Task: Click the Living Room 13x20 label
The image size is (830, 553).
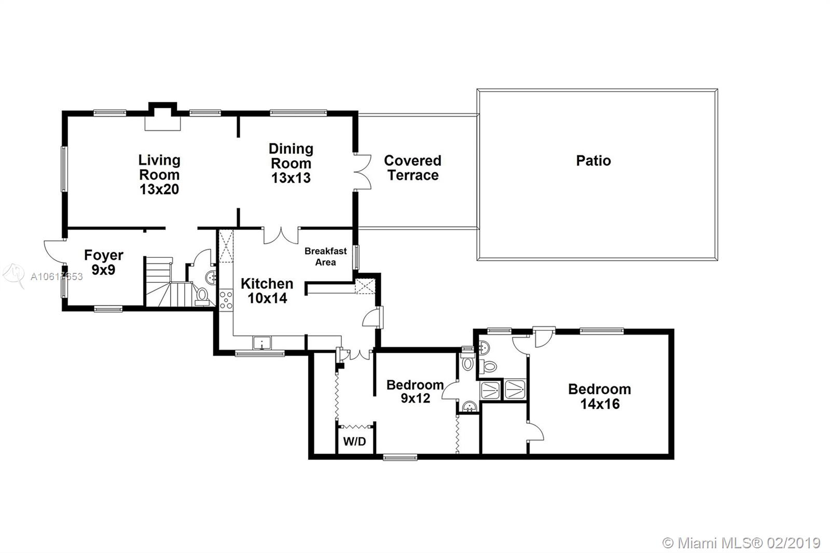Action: pos(159,175)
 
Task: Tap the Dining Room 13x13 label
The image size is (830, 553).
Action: pos(291,163)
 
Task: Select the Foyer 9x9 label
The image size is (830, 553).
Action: pos(103,262)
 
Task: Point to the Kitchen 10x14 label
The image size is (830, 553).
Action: pos(267,291)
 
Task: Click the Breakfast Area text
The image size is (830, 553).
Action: pos(326,256)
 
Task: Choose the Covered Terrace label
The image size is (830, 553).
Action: pos(413,168)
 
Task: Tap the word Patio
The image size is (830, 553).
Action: pos(593,160)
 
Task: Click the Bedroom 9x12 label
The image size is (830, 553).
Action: pos(415,391)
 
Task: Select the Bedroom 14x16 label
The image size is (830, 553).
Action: pos(600,396)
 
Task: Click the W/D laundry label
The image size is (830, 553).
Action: pos(355,441)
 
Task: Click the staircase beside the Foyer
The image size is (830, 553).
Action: pos(169,282)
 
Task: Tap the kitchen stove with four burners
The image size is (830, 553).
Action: pos(226,300)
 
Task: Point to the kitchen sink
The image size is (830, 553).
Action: pos(262,343)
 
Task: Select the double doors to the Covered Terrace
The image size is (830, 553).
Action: pos(363,172)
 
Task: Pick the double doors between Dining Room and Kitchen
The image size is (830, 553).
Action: pos(281,236)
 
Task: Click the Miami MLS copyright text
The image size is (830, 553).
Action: pos(741,543)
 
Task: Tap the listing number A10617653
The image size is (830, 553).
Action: pos(57,276)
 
